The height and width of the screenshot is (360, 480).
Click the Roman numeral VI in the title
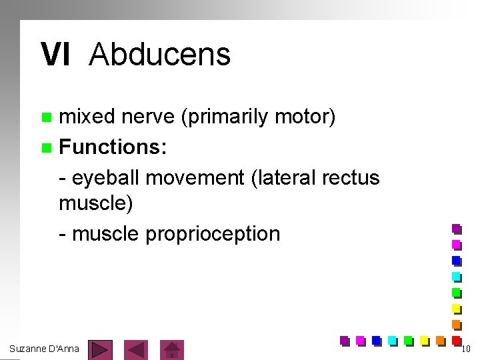pos(55,55)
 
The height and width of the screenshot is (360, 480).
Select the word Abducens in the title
pos(159,55)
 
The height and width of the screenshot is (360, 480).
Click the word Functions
pos(113,147)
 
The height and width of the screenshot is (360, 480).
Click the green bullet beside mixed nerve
pos(45,118)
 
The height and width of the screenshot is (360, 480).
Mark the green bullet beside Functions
pos(45,147)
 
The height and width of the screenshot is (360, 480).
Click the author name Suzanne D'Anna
pos(45,349)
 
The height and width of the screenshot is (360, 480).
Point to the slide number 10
pos(466,349)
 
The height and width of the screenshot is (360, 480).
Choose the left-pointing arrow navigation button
pos(137,349)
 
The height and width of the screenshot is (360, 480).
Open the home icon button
pos(173,349)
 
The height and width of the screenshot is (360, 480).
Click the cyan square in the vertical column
pos(457,276)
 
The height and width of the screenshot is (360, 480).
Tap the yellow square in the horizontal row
pos(425,341)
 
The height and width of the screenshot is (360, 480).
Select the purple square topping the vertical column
pos(457,229)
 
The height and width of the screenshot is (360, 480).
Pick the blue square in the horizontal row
pos(376,341)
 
